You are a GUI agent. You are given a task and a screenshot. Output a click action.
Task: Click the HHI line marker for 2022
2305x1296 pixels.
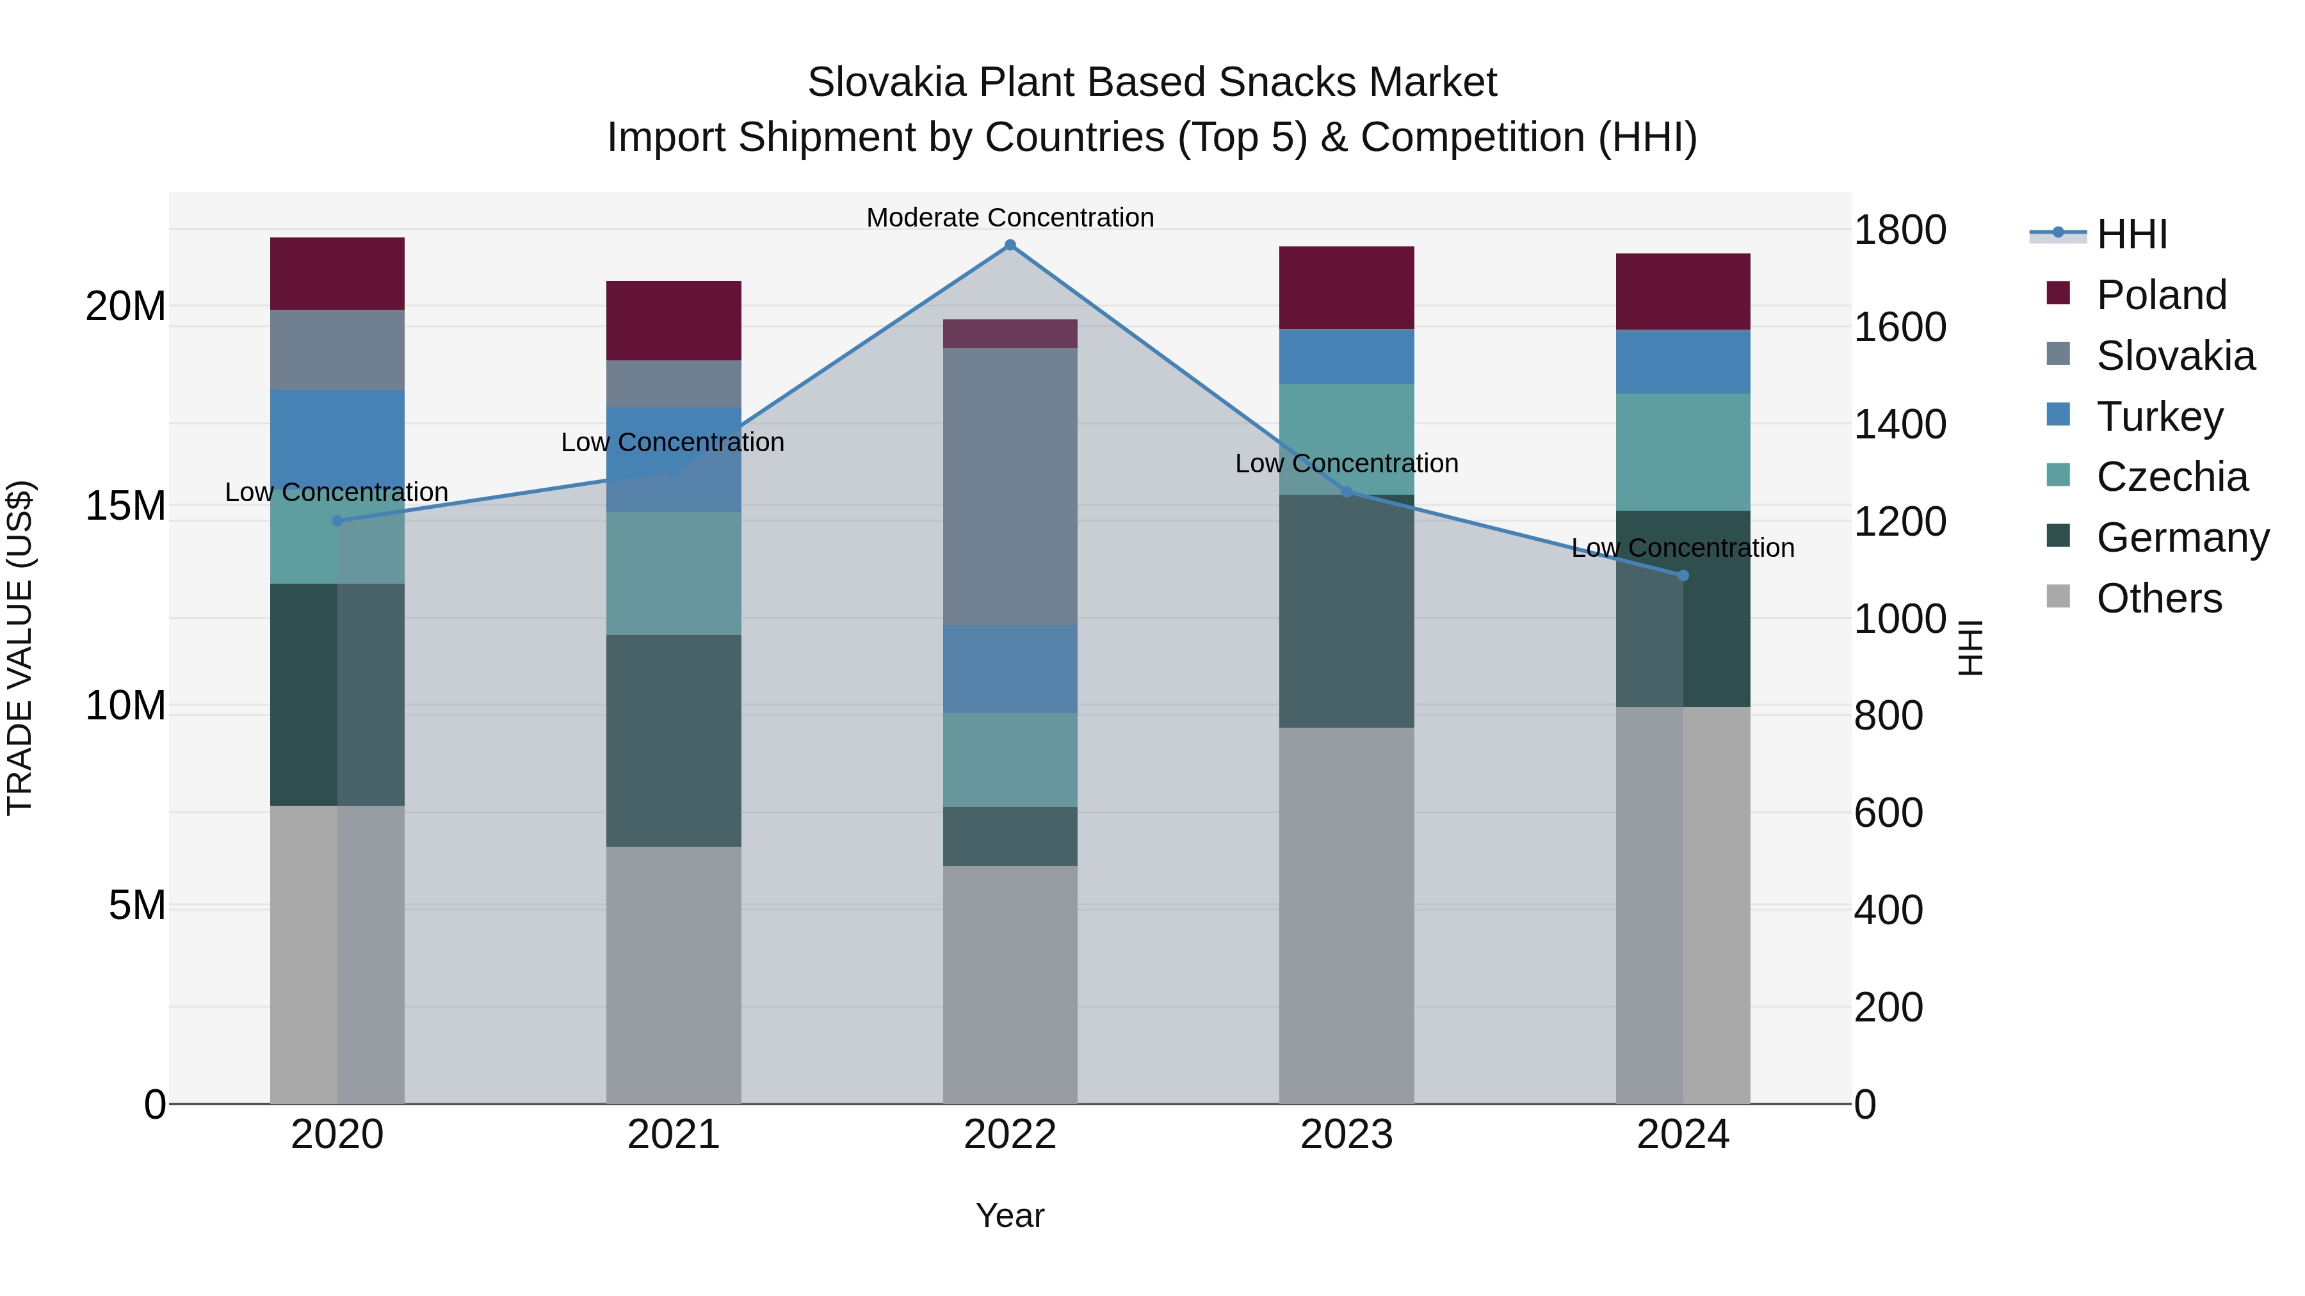[x=1010, y=245]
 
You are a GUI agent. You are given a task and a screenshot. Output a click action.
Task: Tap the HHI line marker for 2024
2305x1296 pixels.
[x=1683, y=576]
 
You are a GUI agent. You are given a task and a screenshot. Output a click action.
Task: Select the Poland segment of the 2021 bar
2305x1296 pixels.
[x=674, y=320]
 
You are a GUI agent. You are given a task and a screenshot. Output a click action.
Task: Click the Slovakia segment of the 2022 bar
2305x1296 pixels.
[x=1010, y=486]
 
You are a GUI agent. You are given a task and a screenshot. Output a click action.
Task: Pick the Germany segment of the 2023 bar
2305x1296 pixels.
[x=1347, y=611]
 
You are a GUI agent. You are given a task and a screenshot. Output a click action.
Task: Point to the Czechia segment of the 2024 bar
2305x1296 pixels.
[x=1683, y=452]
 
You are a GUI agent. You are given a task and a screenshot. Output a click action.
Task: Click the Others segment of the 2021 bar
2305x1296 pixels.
[x=674, y=975]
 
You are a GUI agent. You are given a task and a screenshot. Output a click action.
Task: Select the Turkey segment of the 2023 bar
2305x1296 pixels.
[x=1347, y=356]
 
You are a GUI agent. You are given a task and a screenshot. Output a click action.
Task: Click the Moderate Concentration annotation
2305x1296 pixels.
[x=1010, y=218]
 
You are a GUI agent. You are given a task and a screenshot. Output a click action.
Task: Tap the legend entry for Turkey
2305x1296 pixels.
[x=2159, y=417]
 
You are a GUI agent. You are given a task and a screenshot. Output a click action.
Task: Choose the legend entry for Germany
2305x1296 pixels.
[x=2181, y=538]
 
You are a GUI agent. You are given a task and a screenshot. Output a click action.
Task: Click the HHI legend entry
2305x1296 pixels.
[x=2130, y=234]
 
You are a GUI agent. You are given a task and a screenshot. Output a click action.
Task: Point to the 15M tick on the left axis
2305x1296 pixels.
[x=125, y=506]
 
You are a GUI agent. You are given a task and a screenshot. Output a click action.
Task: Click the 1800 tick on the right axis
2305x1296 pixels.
[x=1899, y=230]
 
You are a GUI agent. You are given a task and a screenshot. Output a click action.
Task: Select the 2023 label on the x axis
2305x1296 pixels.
[x=1347, y=1135]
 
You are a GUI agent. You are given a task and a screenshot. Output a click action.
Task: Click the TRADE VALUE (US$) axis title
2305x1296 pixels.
[x=20, y=648]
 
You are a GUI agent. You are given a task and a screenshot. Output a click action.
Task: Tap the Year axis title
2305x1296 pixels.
[x=1010, y=1215]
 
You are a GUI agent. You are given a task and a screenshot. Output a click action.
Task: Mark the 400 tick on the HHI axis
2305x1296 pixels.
[x=1888, y=909]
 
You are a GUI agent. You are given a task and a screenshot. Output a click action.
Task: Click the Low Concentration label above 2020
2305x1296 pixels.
[x=336, y=492]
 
